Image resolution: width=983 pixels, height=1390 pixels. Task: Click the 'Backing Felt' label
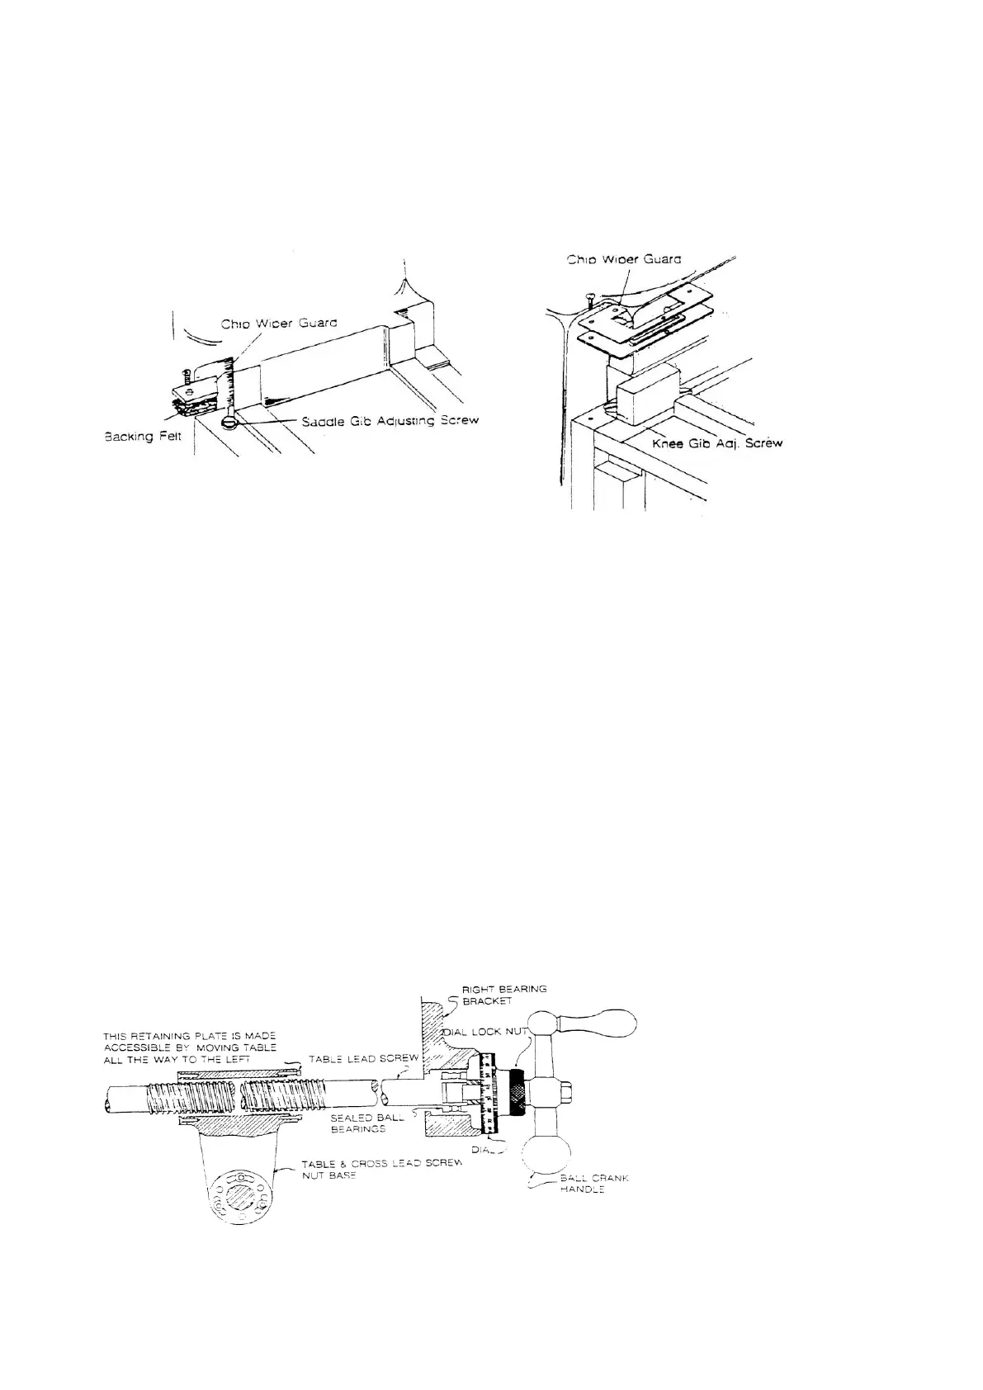pos(146,437)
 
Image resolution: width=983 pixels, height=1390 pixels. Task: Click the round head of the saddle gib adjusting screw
pos(229,423)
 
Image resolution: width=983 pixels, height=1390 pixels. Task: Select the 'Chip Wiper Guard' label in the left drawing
pos(278,324)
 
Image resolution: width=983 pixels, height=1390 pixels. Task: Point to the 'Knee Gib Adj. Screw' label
pos(711,443)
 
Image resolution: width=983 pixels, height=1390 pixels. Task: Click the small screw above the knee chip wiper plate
pos(588,298)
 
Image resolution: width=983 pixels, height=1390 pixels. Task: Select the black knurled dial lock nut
pos(518,1091)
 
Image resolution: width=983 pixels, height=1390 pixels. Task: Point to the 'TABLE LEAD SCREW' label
pos(363,1058)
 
